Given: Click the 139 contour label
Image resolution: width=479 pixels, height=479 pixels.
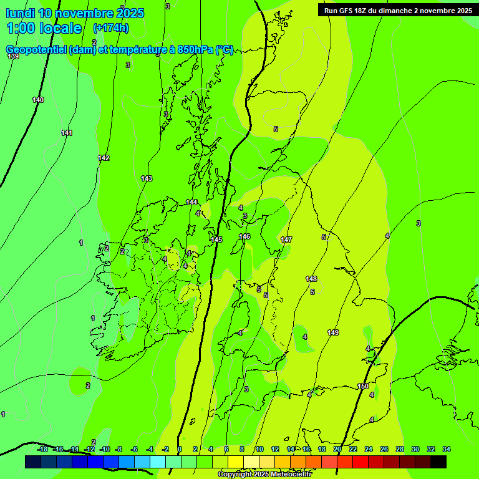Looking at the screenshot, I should [x=13, y=57].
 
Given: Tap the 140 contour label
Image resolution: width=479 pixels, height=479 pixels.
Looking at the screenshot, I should [x=38, y=100].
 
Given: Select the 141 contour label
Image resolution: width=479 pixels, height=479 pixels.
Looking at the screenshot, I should [x=67, y=133].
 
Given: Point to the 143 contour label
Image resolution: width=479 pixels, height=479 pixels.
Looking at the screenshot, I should [x=147, y=178].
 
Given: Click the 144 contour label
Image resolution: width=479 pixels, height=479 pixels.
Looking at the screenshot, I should [x=191, y=202].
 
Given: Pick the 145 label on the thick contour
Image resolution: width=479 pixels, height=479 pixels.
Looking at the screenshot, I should [x=216, y=239].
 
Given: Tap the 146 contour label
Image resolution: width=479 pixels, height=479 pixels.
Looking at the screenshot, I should [x=244, y=236].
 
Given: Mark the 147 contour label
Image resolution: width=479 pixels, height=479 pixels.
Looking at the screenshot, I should [x=286, y=239].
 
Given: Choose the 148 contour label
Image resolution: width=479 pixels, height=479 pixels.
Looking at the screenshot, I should [x=311, y=278].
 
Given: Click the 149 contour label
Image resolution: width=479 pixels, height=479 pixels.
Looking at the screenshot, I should [x=333, y=332].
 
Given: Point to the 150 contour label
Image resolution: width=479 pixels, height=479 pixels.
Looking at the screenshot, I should [x=363, y=387].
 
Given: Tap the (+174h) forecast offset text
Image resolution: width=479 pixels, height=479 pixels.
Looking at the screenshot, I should [x=110, y=28].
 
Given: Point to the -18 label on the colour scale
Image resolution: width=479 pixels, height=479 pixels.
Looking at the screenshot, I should [x=42, y=449].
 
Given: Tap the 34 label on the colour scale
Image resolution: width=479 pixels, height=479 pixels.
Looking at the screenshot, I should [x=447, y=449].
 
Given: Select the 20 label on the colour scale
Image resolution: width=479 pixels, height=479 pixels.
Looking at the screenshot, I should [x=337, y=449].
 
